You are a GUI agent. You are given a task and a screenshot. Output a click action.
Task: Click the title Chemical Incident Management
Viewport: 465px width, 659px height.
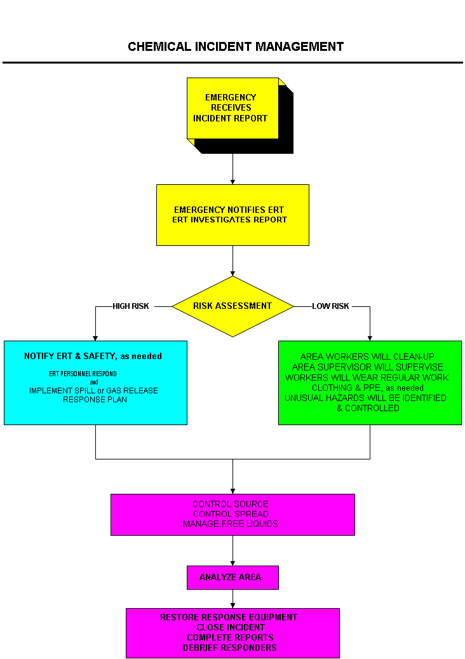click(236, 47)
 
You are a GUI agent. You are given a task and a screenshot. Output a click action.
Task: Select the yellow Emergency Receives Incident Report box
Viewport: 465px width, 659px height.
click(232, 108)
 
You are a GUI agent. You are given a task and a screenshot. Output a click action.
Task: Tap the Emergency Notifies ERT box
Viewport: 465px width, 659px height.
click(232, 215)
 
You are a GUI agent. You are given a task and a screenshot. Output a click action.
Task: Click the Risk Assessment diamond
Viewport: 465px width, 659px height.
click(232, 306)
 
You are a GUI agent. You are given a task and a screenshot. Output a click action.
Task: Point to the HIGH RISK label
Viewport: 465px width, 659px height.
click(131, 306)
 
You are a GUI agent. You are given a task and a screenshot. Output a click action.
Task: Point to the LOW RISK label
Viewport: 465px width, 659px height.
click(330, 306)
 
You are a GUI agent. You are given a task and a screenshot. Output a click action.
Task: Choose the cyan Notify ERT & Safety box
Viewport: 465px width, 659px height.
click(95, 383)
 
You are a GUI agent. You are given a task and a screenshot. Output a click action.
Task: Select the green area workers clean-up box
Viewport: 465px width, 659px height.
click(370, 383)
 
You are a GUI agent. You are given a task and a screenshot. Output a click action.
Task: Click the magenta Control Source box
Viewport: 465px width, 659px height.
click(232, 514)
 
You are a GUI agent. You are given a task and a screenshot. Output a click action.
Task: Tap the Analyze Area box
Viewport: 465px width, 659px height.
click(232, 577)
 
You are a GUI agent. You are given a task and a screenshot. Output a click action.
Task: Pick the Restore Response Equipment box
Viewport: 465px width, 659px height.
click(232, 632)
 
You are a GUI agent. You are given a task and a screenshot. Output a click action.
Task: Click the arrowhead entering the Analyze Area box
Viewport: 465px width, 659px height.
click(232, 562)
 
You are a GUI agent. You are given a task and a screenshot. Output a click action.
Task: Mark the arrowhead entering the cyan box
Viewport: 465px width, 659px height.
click(95, 337)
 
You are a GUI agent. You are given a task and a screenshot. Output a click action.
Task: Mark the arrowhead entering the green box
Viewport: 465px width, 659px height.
click(370, 337)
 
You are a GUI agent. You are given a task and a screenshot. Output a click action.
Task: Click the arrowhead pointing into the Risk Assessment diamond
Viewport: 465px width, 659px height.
click(232, 273)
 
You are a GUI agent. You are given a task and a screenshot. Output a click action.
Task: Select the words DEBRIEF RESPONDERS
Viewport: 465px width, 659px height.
click(230, 648)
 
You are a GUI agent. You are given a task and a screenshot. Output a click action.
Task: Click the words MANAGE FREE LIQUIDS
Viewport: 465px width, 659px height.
click(231, 524)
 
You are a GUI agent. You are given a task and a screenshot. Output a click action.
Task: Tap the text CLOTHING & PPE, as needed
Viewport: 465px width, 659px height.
click(368, 388)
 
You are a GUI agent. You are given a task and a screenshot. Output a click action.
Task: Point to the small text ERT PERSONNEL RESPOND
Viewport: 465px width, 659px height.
click(83, 374)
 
